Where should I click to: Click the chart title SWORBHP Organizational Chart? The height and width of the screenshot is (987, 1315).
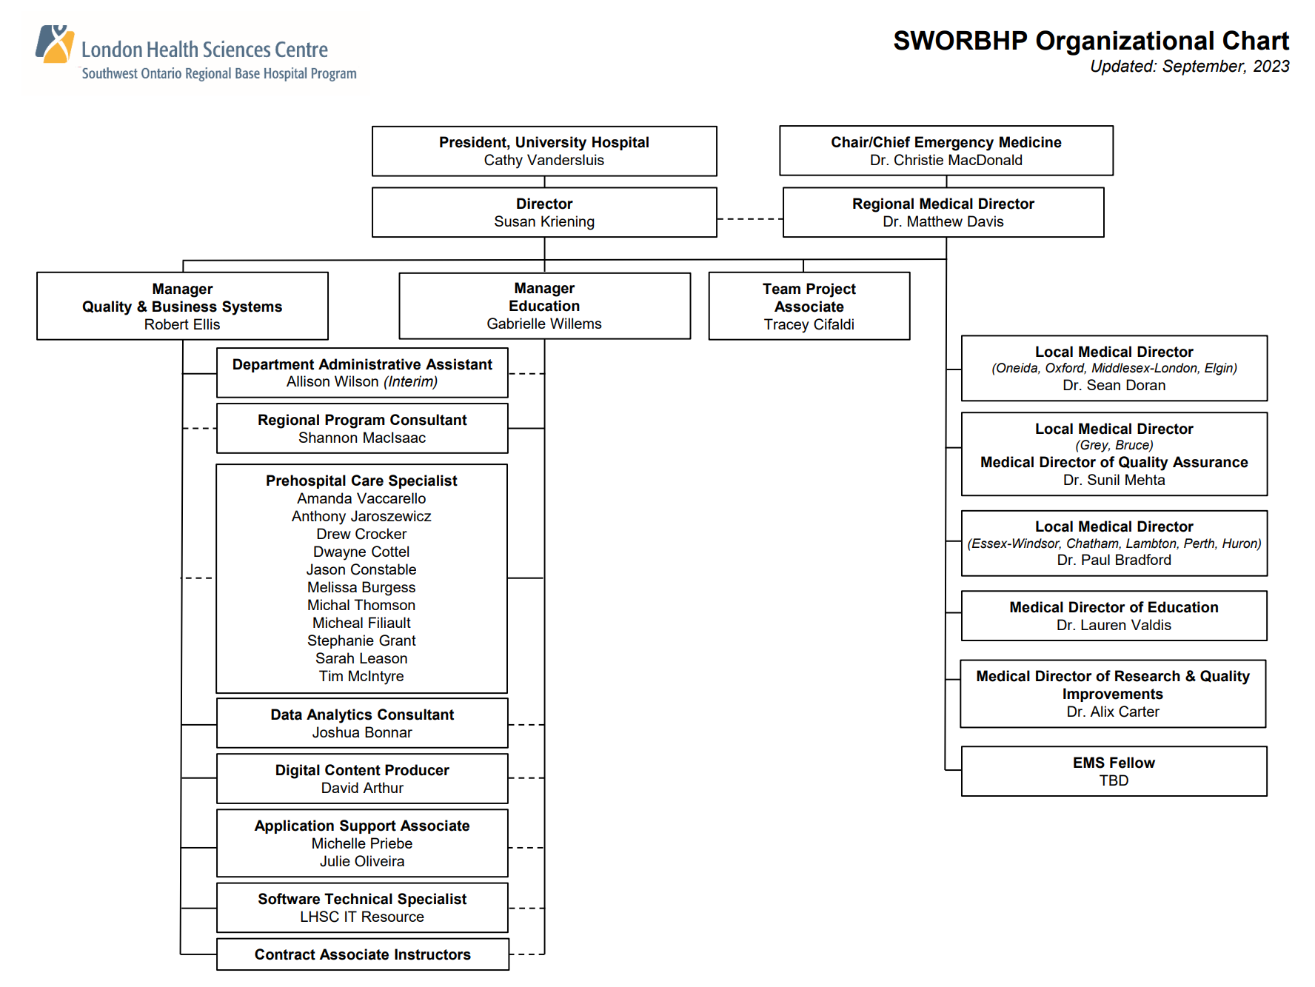tap(1091, 41)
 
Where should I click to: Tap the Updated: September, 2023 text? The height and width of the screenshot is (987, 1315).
tap(1189, 67)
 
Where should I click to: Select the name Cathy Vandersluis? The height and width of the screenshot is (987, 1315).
tap(543, 161)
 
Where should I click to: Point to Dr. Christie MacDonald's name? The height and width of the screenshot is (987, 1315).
tap(946, 161)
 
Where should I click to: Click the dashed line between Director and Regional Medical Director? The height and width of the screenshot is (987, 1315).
tap(749, 219)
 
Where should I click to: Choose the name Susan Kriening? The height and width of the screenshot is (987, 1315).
tap(543, 222)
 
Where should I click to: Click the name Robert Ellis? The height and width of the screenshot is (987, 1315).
tap(182, 325)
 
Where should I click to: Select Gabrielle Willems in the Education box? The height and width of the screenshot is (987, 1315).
tap(543, 324)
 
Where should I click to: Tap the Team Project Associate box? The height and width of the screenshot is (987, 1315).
tap(809, 306)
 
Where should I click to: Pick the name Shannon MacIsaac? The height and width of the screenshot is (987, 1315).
tap(361, 438)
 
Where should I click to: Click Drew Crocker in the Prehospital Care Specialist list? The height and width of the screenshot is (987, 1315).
tap(361, 535)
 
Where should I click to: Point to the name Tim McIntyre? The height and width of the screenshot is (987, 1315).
tap(361, 677)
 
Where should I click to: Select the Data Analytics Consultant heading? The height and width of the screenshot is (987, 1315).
tap(361, 715)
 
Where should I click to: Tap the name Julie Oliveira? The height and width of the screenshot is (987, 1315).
tap(361, 862)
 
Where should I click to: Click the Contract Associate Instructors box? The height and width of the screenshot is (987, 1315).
tap(362, 955)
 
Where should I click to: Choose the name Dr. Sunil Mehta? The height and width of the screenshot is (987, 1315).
tap(1114, 481)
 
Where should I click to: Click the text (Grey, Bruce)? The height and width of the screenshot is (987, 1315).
tap(1114, 446)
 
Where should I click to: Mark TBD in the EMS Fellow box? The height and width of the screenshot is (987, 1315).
tap(1114, 781)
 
